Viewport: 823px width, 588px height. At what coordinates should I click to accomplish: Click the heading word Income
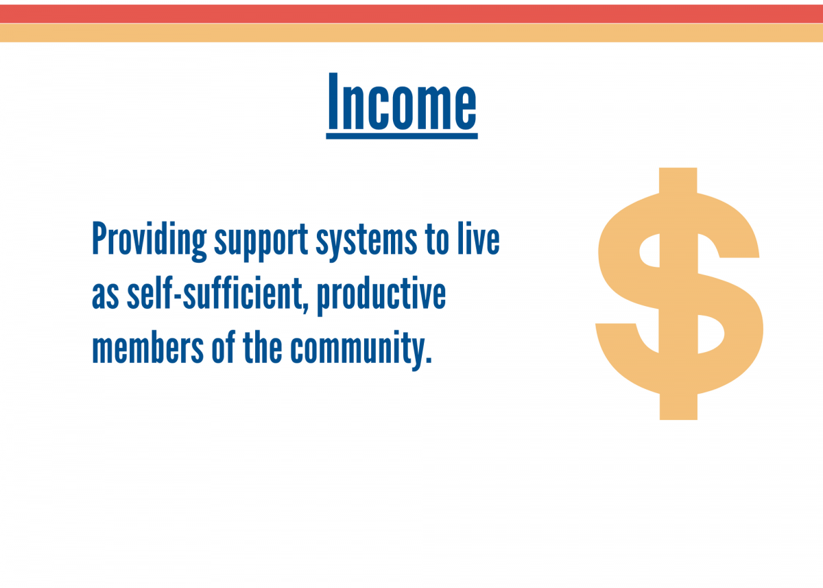pos(402,102)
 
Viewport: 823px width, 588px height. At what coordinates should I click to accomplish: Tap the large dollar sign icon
pos(678,294)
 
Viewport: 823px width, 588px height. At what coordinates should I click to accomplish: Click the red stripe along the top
pos(411,14)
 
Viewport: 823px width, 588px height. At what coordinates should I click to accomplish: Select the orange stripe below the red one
pos(411,33)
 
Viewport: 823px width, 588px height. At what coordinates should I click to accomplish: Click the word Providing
pos(150,241)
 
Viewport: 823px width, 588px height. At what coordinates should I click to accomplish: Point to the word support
pos(261,243)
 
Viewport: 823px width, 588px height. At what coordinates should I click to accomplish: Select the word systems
pos(366,243)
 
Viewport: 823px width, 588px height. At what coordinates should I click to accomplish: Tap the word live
pos(479,238)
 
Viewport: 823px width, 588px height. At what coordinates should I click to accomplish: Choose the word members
pos(147,347)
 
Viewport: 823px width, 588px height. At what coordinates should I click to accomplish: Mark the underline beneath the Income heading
pos(402,137)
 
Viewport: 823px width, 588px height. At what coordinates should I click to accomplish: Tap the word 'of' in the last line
pos(223,347)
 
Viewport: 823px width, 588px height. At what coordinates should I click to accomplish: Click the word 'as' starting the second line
pos(105,296)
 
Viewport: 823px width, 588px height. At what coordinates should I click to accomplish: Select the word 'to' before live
pos(437,239)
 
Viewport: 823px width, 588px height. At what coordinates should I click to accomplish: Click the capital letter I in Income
pos(333,102)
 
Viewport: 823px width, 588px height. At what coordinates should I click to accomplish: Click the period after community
pos(429,360)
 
